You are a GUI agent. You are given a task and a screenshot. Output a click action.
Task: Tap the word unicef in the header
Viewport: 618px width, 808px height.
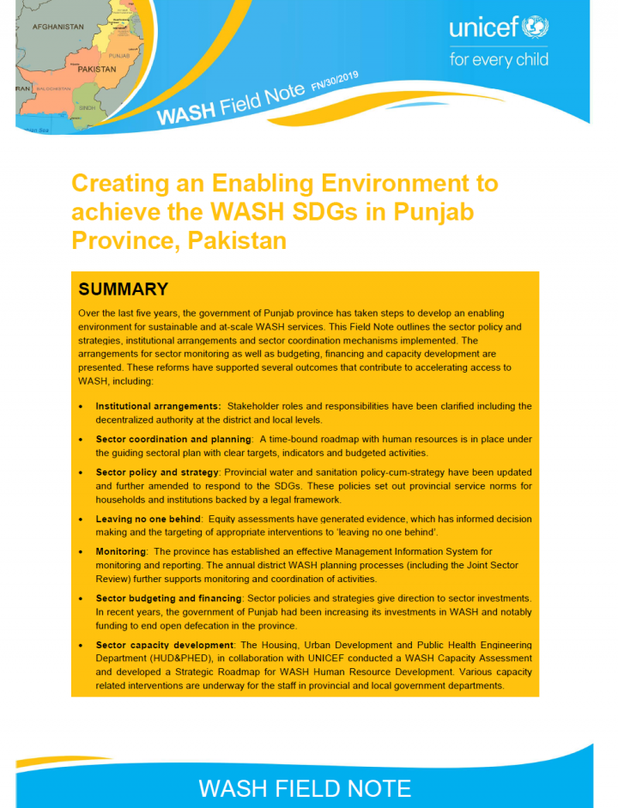click(x=483, y=29)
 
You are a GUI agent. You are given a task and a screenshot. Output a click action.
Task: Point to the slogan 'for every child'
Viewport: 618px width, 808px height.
click(x=498, y=60)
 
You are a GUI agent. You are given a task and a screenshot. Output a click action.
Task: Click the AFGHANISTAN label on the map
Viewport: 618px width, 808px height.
click(x=58, y=27)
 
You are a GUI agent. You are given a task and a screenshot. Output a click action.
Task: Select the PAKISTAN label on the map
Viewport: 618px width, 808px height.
click(x=97, y=70)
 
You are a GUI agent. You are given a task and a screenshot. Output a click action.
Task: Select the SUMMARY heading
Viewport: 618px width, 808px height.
click(x=123, y=289)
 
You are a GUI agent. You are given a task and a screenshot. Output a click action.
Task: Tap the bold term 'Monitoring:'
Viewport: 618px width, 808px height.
click(x=121, y=551)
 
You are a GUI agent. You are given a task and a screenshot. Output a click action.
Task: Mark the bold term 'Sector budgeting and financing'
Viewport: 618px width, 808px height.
click(x=169, y=597)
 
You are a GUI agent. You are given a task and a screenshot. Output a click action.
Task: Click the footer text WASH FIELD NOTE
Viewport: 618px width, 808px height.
click(x=305, y=787)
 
